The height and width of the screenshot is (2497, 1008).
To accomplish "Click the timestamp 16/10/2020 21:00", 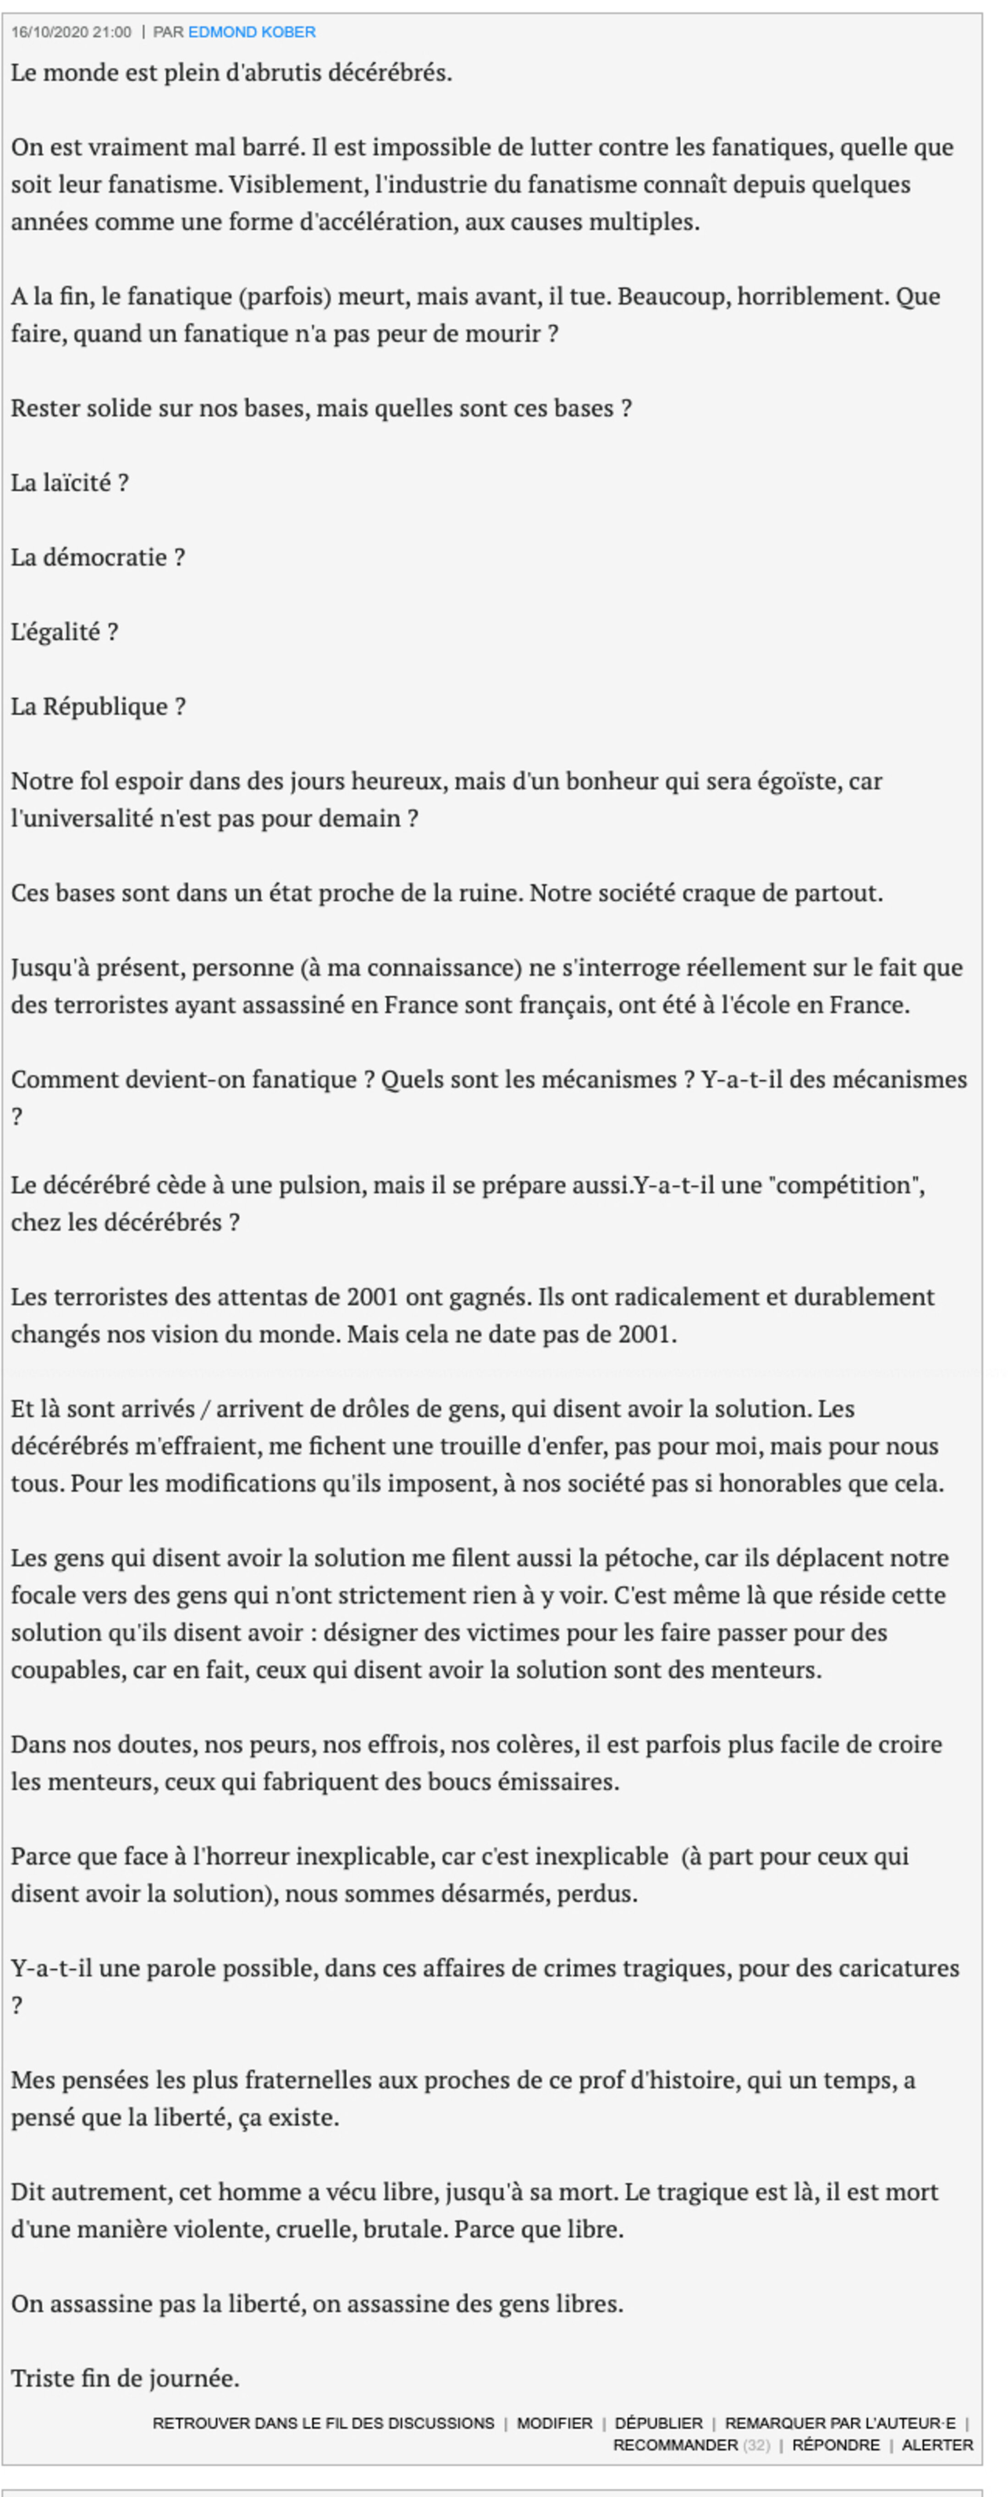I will pos(71,32).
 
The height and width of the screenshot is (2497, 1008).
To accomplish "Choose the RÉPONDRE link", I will pos(835,2445).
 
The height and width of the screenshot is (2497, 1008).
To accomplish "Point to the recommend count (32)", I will pos(756,2445).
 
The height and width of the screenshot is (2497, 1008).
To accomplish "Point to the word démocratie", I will pos(104,557).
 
